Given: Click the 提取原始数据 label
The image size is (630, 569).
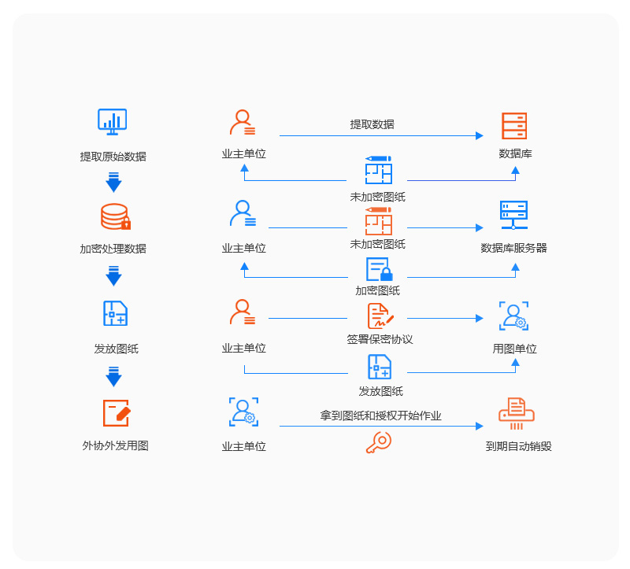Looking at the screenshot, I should [113, 157].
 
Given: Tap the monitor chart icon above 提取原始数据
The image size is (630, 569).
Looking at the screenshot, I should [113, 121].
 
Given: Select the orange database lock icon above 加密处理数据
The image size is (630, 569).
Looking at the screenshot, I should [115, 216].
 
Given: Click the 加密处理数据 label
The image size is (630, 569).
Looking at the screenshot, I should [113, 249].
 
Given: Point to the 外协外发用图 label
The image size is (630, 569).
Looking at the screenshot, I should [115, 445].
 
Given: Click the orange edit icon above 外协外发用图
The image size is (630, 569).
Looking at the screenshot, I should [116, 413].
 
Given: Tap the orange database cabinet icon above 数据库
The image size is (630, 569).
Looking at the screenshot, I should [514, 126].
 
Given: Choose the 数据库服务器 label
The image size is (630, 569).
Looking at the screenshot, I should [514, 248].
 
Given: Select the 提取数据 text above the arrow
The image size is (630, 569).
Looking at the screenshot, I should [372, 124].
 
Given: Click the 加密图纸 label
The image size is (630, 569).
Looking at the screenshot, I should [378, 290].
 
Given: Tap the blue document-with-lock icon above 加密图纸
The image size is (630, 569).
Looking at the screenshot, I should [379, 269].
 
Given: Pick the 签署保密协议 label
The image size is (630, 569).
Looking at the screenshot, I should [380, 339].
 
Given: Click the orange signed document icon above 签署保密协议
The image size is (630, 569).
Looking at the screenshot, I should [380, 316].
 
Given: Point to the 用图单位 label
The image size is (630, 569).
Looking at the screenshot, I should [515, 348].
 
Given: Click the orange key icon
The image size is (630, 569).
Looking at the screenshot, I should [378, 442].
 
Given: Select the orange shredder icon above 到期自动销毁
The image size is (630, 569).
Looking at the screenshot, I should [517, 413].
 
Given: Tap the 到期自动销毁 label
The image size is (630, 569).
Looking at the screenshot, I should [518, 446].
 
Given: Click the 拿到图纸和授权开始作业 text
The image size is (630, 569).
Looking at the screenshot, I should [380, 416].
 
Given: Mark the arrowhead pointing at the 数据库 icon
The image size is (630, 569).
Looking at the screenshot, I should [480, 135].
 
